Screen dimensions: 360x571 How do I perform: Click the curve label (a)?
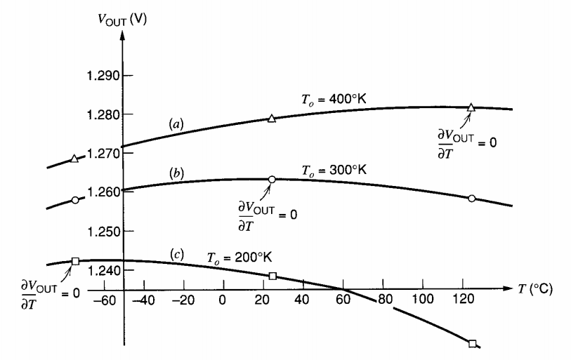click(x=176, y=124)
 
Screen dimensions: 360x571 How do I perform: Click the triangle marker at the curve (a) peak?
click(x=471, y=107)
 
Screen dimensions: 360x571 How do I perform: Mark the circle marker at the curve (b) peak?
click(x=272, y=180)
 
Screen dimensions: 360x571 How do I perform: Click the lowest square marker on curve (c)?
click(x=472, y=343)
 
